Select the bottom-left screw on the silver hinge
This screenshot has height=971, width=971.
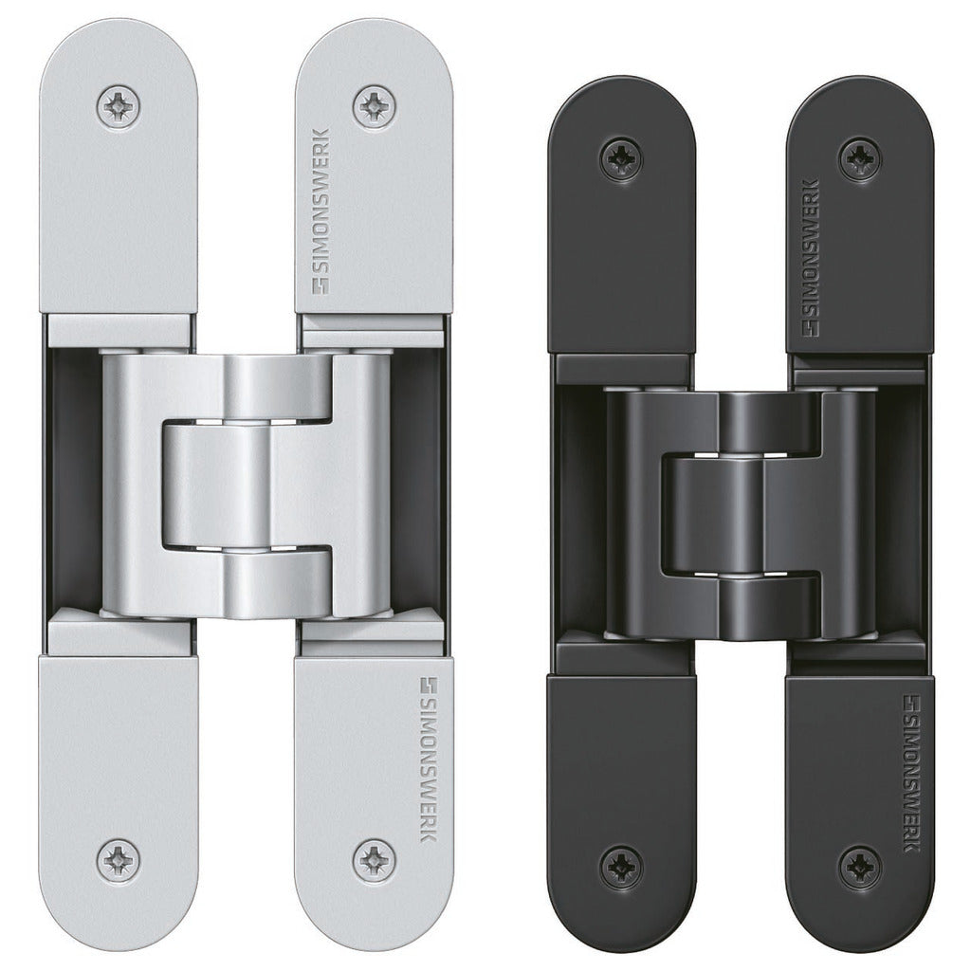pyautogui.click(x=119, y=861)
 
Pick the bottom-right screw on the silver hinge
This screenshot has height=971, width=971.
pyautogui.click(x=374, y=861)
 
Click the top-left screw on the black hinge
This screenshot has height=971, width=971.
pyautogui.click(x=621, y=159)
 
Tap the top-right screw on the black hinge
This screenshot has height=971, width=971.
pyautogui.click(x=861, y=159)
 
